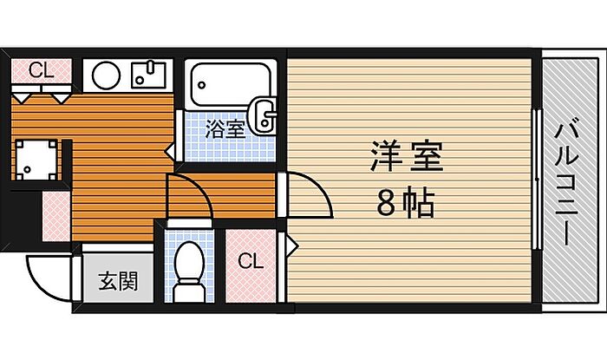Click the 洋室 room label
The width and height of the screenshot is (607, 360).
point(407,156)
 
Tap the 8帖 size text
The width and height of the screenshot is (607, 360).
point(406,202)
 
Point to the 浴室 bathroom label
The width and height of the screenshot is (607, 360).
point(225,129)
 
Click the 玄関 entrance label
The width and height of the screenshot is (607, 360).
point(119,281)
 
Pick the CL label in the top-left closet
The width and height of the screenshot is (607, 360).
point(42,70)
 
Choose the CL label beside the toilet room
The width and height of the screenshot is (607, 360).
point(251,262)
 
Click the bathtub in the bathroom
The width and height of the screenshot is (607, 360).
point(230,85)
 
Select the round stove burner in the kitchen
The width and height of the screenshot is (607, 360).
point(106,75)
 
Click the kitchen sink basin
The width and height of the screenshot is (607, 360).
point(148,75)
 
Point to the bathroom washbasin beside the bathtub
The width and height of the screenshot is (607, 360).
point(263,116)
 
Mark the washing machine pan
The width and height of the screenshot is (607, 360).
point(36,160)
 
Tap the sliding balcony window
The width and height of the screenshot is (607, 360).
point(537,180)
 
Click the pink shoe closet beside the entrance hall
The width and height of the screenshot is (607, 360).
point(56,216)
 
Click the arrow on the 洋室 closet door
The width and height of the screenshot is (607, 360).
point(292,245)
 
